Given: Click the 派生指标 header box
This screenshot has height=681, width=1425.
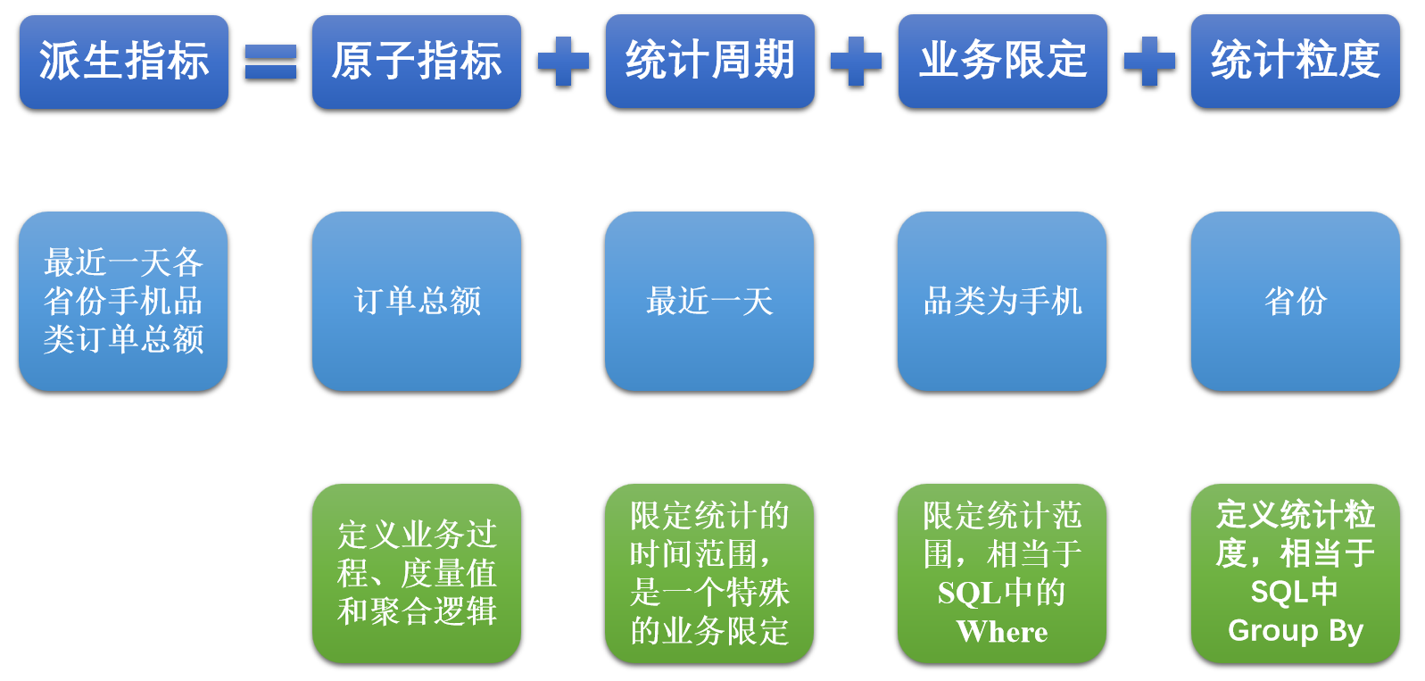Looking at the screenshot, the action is (124, 62).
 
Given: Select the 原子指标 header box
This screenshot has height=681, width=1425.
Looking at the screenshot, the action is (417, 62).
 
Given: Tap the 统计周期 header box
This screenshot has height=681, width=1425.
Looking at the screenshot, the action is (710, 61).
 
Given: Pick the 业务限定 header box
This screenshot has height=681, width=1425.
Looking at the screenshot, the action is (1003, 61).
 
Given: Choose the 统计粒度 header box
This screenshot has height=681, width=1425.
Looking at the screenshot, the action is (1296, 61).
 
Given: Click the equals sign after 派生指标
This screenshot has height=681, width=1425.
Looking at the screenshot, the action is (270, 62).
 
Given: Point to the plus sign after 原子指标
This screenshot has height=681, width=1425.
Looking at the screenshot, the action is (563, 61).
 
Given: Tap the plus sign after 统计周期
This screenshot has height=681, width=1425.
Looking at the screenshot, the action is (856, 61).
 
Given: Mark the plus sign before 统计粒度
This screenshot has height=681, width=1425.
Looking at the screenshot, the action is (1149, 61).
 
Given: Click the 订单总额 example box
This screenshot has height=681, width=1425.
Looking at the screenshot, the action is (417, 301).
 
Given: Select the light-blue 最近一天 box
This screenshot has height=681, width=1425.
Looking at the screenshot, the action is (709, 301).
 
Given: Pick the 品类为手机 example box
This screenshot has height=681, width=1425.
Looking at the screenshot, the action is (1002, 301).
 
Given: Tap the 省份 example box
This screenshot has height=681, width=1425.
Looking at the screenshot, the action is (1296, 301).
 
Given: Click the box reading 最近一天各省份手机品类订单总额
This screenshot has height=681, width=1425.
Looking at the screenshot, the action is (123, 301).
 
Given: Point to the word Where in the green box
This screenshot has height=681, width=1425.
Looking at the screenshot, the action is (1002, 631).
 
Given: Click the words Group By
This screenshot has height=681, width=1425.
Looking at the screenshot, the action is (1296, 631).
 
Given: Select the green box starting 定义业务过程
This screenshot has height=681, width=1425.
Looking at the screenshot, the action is (417, 573).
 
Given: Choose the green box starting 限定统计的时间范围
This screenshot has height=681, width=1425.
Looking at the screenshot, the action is (709, 573).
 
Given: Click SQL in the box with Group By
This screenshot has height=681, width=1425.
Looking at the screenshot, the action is (1280, 592).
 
